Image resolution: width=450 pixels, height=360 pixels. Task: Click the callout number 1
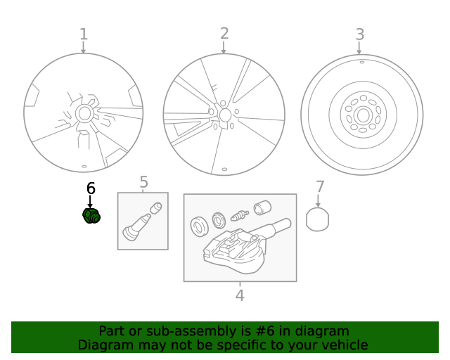coord(84,34)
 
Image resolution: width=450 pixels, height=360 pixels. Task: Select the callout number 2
coord(224,34)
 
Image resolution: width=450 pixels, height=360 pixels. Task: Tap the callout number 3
coord(360,34)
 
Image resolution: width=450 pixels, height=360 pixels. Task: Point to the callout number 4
coord(240,295)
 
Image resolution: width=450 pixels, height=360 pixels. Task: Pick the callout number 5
coord(143,182)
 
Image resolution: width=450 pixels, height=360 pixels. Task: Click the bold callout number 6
coord(91,188)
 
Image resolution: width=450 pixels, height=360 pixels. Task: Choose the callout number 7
coord(320,187)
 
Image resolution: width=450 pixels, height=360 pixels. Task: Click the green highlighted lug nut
coord(91,216)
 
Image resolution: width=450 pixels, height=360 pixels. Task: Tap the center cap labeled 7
coord(317,219)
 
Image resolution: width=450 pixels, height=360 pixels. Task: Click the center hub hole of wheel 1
coord(84,114)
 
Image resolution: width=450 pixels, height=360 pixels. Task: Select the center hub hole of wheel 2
coord(225,115)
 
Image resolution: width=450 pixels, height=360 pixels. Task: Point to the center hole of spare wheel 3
coord(363,115)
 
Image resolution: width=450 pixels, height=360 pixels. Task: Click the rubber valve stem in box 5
coord(136,227)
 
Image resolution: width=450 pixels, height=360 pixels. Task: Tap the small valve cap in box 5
coord(156,208)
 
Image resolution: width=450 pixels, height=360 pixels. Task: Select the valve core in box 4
coord(240,215)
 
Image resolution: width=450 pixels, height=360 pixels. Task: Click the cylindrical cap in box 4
coord(262,207)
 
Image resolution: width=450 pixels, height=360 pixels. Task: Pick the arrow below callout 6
coord(90,202)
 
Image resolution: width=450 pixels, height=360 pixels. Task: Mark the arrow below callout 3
coord(359,48)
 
